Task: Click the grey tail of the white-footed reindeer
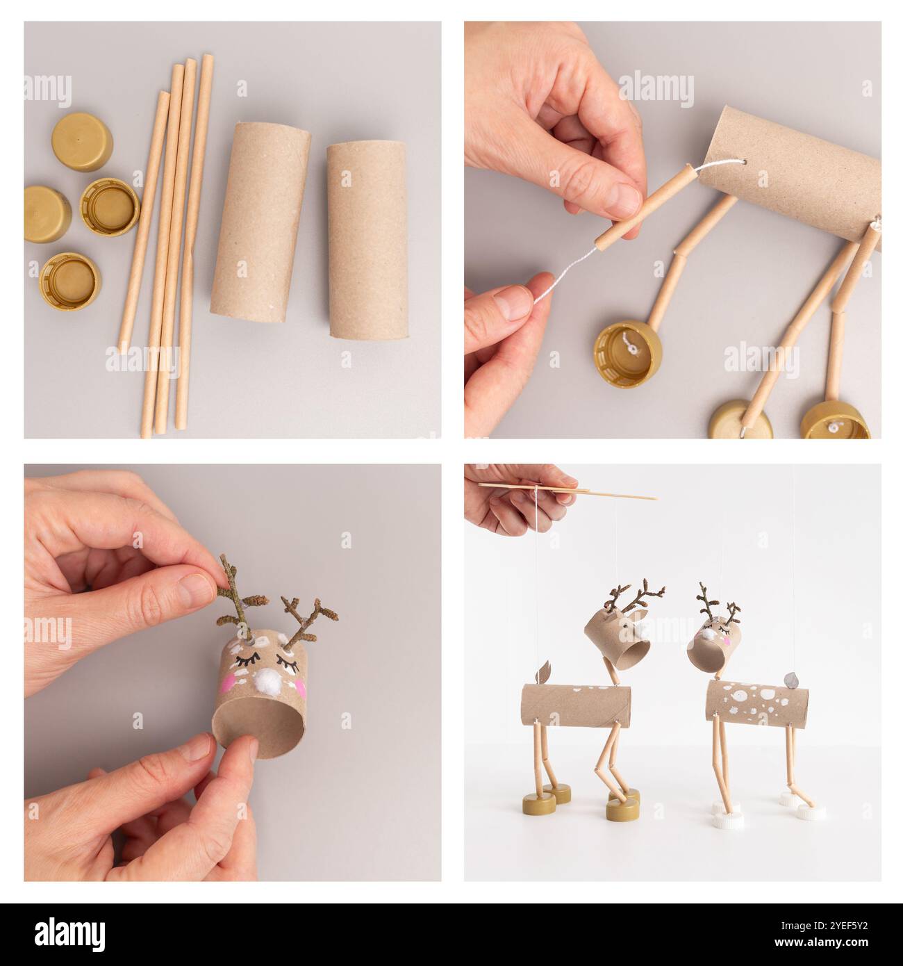tap(793, 678)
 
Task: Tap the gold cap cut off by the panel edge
tap(43, 214)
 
